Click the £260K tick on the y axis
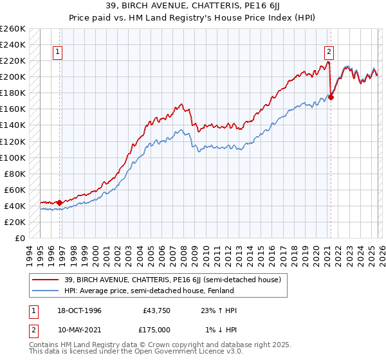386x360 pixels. point(13,29)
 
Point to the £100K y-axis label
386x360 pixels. point(13,157)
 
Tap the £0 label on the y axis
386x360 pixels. point(19,238)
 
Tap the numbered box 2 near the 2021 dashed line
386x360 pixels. point(329,53)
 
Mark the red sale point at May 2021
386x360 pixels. point(331,97)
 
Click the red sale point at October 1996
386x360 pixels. point(60,203)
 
